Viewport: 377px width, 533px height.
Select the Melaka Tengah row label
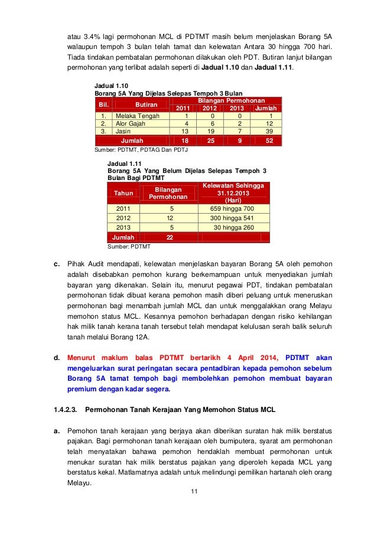pyautogui.click(x=138, y=116)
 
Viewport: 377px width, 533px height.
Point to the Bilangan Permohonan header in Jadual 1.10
pyautogui.click(x=226, y=101)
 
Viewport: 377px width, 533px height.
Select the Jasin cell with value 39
pyautogui.click(x=269, y=132)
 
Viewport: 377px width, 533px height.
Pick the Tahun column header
pyautogui.click(x=123, y=193)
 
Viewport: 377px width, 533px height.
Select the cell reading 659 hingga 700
pyautogui.click(x=232, y=208)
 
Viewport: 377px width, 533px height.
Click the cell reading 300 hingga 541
pyautogui.click(x=232, y=218)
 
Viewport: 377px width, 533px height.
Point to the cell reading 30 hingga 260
pyautogui.click(x=233, y=227)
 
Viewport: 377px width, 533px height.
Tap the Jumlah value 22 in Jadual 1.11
pyautogui.click(x=170, y=237)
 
